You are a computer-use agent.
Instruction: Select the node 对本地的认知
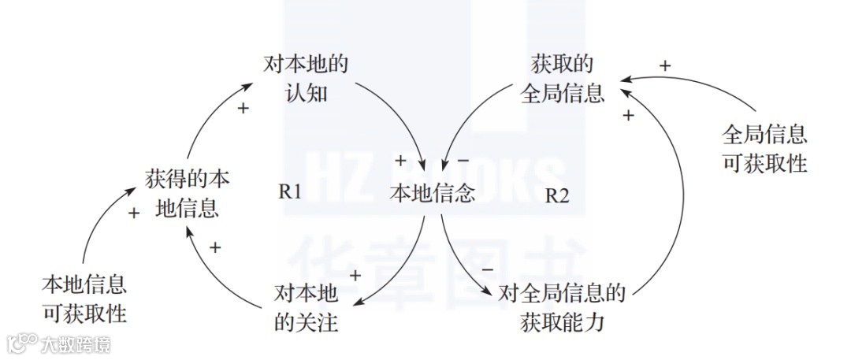click(x=305, y=79)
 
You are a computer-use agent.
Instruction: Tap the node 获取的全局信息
click(x=563, y=79)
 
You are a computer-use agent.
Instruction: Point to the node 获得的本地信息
click(x=188, y=194)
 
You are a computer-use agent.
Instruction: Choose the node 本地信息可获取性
click(x=84, y=298)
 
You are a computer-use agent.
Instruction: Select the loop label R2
click(x=556, y=195)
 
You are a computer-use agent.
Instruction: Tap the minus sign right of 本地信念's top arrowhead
click(x=463, y=161)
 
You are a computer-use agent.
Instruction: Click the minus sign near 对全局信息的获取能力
click(x=487, y=269)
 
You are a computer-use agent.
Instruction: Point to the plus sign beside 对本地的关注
click(x=355, y=275)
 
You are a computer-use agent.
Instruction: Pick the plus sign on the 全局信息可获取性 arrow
click(x=664, y=66)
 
